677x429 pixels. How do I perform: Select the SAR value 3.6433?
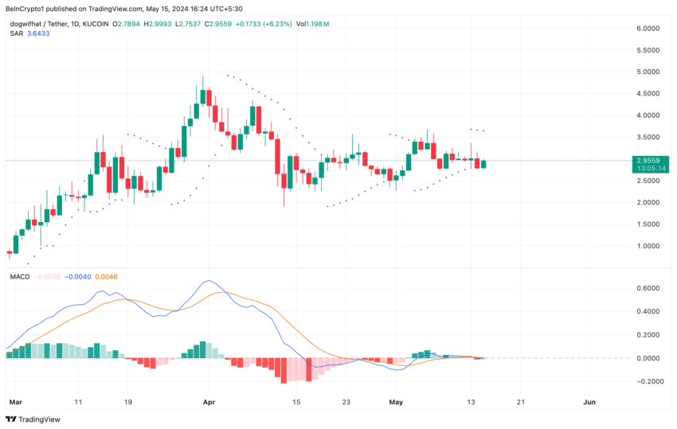(x=37, y=33)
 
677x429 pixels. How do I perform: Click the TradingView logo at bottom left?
(x=25, y=419)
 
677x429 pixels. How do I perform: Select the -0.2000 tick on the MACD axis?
(x=647, y=381)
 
